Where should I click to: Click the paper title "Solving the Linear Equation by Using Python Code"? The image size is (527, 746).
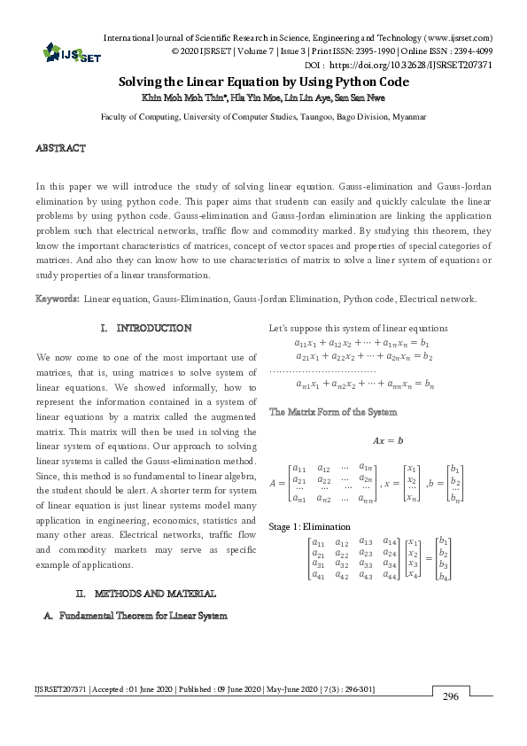tap(264, 81)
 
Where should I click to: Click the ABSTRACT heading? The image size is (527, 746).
tap(60, 148)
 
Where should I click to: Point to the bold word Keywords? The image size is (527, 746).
tap(58, 299)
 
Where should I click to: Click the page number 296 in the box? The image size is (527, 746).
tap(451, 721)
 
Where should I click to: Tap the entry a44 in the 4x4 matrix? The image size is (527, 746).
tap(390, 575)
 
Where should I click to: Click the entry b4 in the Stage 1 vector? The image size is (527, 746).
tap(445, 577)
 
